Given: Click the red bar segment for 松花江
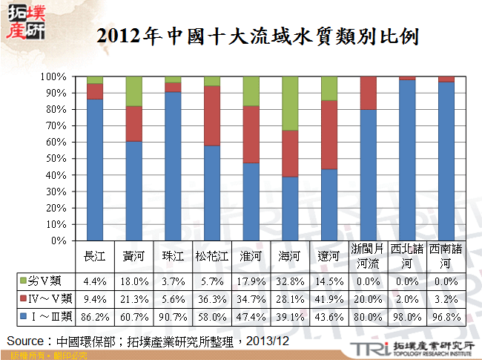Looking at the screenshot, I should pyautogui.click(x=212, y=115).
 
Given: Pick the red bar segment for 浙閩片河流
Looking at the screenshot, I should pyautogui.click(x=369, y=93).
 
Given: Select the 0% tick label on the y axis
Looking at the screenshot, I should pyautogui.click(x=60, y=240).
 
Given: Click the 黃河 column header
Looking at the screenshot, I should pyautogui.click(x=133, y=256).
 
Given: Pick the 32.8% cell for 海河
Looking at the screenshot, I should pyautogui.click(x=290, y=281).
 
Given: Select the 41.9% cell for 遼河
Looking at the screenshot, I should pyautogui.click(x=329, y=299).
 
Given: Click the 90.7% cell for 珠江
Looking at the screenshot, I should pyautogui.click(x=173, y=317).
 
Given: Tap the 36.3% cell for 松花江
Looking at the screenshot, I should pyautogui.click(x=212, y=299).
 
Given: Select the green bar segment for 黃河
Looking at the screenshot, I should pyautogui.click(x=133, y=91).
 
